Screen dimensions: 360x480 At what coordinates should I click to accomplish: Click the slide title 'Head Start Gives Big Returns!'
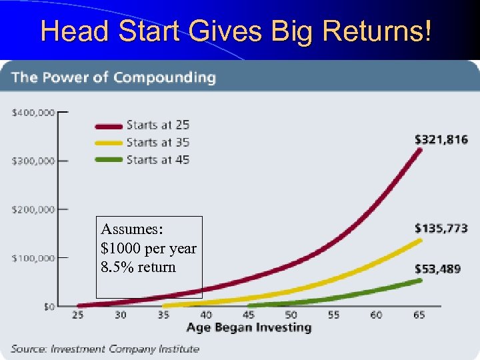[x=236, y=31]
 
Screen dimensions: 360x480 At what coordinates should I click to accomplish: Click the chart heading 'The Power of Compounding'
[x=113, y=77]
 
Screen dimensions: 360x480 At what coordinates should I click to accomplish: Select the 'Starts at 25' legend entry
[x=158, y=125]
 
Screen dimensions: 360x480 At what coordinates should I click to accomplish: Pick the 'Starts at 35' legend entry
[x=158, y=142]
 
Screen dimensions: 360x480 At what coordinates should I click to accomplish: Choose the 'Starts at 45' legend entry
[x=158, y=160]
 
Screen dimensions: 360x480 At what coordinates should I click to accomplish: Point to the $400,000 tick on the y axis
[x=33, y=113]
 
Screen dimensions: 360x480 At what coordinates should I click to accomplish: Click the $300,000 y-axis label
[x=33, y=161]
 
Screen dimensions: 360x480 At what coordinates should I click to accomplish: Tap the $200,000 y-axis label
[x=33, y=209]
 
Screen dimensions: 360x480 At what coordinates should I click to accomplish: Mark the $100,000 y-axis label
[x=33, y=258]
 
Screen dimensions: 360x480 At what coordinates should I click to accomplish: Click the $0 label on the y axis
[x=49, y=307]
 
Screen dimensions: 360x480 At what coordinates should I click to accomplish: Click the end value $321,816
[x=441, y=139]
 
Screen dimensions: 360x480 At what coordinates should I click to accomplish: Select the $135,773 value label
[x=441, y=229]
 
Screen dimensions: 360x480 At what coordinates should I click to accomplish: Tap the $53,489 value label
[x=437, y=268]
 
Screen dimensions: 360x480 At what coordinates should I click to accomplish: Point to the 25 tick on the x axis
[x=78, y=315]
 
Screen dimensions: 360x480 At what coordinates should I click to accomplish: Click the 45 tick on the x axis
[x=249, y=315]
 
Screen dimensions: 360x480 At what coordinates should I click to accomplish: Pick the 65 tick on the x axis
[x=419, y=315]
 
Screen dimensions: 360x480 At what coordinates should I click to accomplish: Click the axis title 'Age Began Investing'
[x=249, y=327]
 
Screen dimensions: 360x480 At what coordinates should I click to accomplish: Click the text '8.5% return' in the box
[x=139, y=267]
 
